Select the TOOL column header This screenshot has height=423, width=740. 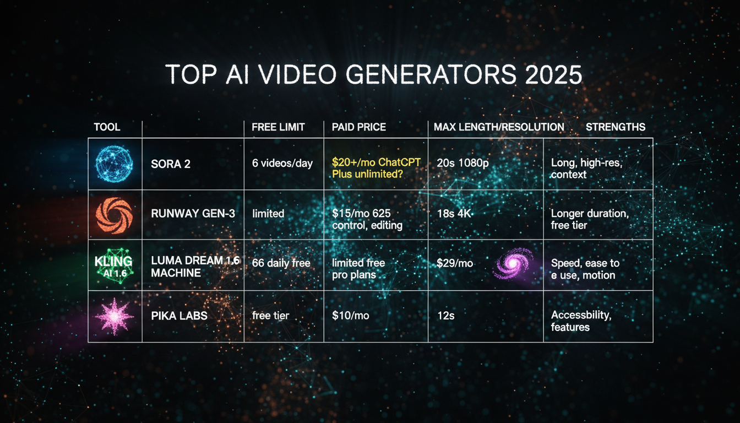(107, 127)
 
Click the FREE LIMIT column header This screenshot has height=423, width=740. (278, 127)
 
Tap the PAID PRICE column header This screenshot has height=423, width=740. (358, 127)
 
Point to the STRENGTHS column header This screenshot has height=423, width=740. (615, 127)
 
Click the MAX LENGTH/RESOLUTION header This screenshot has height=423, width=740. (498, 127)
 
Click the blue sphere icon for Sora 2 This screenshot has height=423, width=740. (115, 164)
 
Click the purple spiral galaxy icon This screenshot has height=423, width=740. (513, 264)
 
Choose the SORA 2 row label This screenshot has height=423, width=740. (171, 164)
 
